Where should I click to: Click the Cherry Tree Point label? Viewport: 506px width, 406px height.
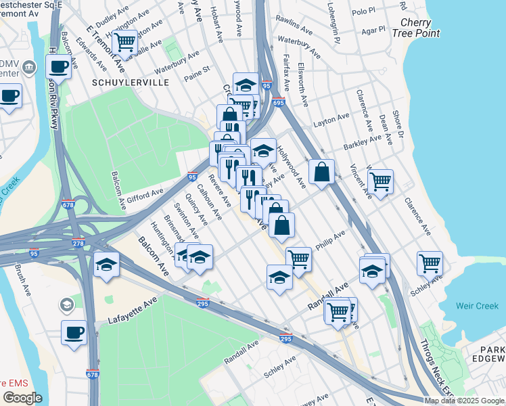(x=415, y=27)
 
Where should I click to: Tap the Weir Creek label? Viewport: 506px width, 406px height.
(x=477, y=307)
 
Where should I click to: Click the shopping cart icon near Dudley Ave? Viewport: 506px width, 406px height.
(x=124, y=42)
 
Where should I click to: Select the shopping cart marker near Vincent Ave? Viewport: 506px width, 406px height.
(x=381, y=181)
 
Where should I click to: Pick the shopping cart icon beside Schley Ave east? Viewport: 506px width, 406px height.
(x=430, y=263)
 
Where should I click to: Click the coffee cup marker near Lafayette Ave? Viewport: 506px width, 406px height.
(x=74, y=332)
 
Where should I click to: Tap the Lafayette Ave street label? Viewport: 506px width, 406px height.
(x=133, y=312)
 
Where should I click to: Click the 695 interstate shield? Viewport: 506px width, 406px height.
(x=279, y=102)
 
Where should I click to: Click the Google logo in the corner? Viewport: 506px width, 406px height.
(x=22, y=398)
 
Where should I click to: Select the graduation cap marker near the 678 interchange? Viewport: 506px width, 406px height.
(x=107, y=265)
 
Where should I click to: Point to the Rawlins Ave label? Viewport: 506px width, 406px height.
(x=297, y=30)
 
